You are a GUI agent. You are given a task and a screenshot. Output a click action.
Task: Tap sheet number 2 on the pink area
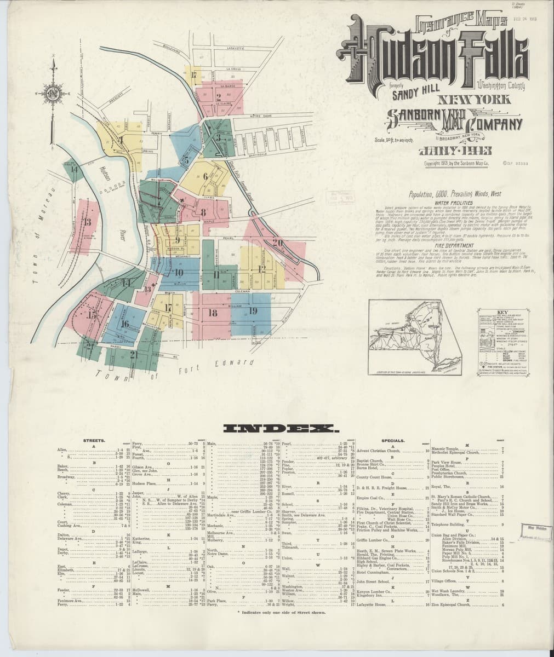(x=219, y=98)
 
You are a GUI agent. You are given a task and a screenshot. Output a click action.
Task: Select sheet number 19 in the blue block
(x=253, y=311)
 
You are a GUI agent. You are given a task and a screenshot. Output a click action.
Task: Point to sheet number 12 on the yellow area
(x=261, y=268)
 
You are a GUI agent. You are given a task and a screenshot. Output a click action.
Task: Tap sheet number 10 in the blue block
(x=179, y=273)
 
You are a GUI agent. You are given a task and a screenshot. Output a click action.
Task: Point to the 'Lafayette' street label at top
(x=237, y=49)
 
